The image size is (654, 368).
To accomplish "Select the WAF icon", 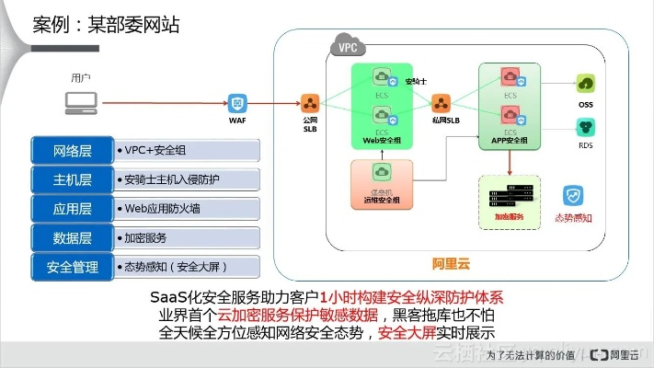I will (237, 102).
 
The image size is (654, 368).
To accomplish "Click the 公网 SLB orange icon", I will (310, 101).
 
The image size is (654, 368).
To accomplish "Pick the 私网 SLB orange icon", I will (440, 101).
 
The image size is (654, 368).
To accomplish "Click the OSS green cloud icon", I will (585, 85).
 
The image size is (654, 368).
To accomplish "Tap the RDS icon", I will (585, 126).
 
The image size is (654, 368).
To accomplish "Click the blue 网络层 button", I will (71, 150).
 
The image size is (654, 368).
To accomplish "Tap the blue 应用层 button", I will (71, 208).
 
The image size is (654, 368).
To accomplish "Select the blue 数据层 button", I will (71, 237).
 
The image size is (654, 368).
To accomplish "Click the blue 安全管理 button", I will (71, 267).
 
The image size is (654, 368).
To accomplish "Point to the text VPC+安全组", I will (156, 150).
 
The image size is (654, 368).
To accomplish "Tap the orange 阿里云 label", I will (451, 264).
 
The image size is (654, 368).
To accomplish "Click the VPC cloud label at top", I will (348, 47).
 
